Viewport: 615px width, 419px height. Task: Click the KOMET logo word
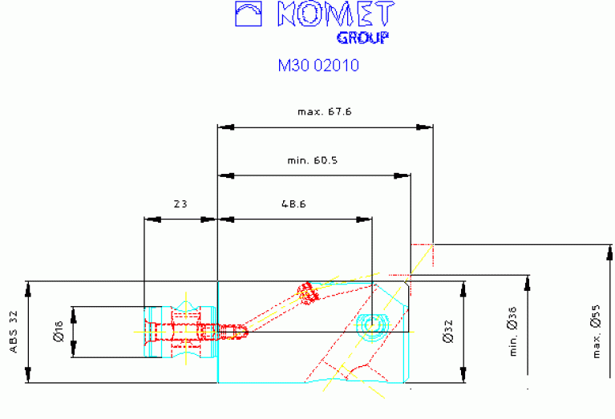click(335, 14)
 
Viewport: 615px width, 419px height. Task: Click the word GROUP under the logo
click(362, 38)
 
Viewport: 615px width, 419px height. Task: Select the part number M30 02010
click(318, 66)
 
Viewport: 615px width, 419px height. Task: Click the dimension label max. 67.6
click(324, 112)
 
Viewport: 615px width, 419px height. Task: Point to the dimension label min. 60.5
click(313, 160)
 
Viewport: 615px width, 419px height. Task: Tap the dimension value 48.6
click(293, 204)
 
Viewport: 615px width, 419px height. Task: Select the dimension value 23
click(180, 204)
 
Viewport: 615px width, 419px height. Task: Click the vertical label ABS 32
click(14, 332)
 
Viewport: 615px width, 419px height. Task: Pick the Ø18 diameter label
click(58, 332)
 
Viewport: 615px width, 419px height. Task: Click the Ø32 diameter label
click(447, 332)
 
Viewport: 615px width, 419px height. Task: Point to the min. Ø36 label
click(513, 332)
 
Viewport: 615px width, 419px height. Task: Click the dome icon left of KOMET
click(249, 14)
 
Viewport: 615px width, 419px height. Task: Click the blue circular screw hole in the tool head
click(373, 324)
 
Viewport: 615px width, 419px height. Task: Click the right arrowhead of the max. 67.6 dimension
click(427, 127)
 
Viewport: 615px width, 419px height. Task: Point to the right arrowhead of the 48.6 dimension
click(366, 218)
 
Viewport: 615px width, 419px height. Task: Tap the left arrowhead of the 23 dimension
click(149, 218)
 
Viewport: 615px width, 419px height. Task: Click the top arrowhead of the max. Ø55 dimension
click(609, 249)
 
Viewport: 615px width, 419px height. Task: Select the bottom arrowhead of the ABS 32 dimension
click(28, 377)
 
